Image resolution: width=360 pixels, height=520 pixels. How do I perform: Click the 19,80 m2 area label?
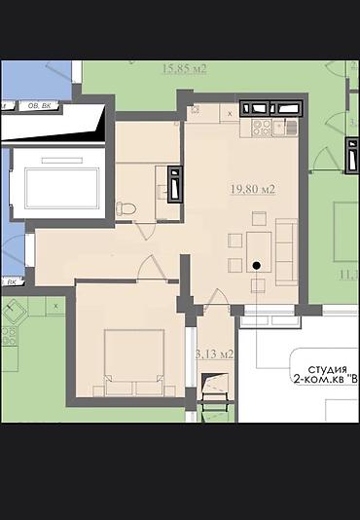pyautogui.click(x=251, y=188)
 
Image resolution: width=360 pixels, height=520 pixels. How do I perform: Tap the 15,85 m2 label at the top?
pyautogui.click(x=184, y=68)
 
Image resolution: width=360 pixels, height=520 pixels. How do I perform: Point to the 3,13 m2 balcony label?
pyautogui.click(x=214, y=353)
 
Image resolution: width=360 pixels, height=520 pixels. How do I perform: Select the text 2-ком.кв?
pyautogui.click(x=316, y=382)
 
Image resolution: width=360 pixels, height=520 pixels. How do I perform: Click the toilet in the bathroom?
pyautogui.click(x=125, y=207)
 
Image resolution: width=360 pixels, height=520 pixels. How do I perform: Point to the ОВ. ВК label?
pyautogui.click(x=39, y=106)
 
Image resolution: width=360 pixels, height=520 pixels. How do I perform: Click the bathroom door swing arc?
pyautogui.click(x=143, y=231)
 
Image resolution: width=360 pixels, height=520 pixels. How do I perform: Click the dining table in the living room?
pyautogui.click(x=258, y=243)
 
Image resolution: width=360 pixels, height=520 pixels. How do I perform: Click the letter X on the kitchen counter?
pyautogui.click(x=229, y=114)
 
